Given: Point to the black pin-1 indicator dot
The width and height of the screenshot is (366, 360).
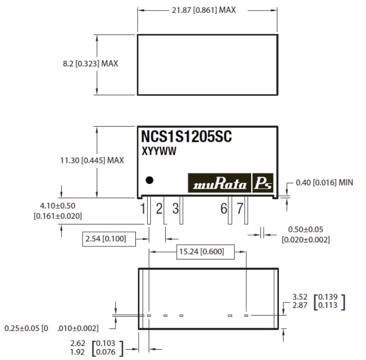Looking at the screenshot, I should [148, 180].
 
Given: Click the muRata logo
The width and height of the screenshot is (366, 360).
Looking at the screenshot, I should [219, 184].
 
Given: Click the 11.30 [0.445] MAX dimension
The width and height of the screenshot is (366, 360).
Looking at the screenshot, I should [92, 160].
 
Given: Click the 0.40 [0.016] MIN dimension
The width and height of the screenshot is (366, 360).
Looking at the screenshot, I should [324, 183].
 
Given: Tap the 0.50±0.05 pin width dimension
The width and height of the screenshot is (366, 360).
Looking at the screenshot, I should [306, 230].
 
